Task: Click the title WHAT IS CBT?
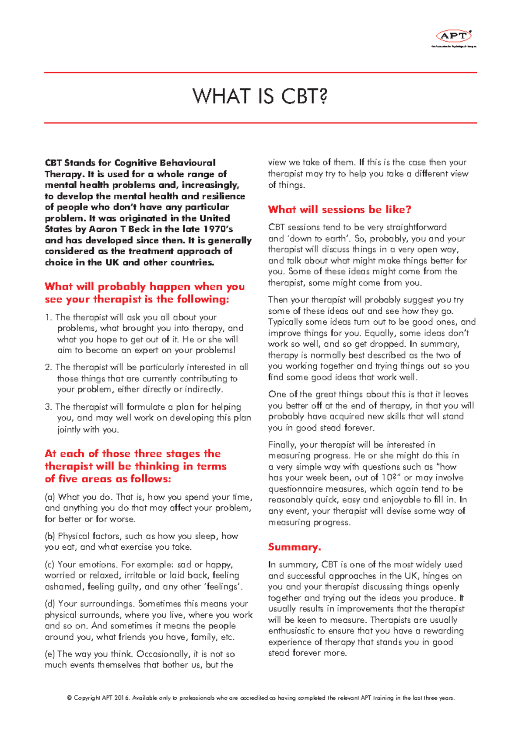click(260, 96)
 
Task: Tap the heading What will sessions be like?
click(339, 209)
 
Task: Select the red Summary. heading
click(294, 547)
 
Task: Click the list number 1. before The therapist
click(48, 318)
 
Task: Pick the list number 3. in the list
click(48, 407)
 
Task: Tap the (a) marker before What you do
click(50, 497)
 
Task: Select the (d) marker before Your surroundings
click(50, 604)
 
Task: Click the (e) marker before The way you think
click(50, 654)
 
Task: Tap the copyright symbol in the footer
click(69, 698)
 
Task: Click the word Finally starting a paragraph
click(282, 445)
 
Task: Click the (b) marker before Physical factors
click(50, 536)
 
